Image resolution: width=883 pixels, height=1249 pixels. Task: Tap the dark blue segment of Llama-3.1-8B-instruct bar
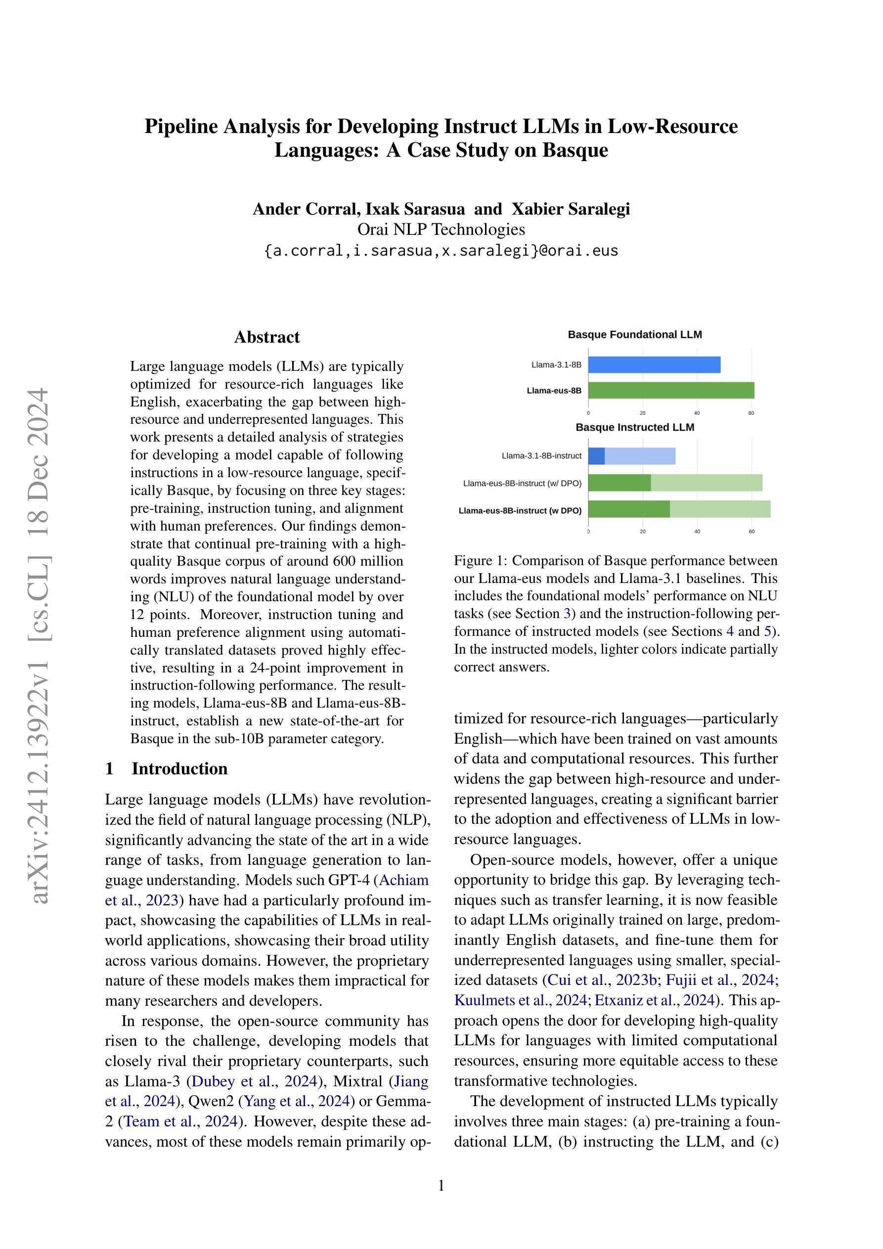(x=596, y=456)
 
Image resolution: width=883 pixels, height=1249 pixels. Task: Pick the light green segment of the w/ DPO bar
(x=706, y=483)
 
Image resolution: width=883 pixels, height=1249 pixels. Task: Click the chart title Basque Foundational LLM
(x=635, y=335)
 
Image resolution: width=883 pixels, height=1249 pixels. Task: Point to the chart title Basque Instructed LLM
(x=635, y=428)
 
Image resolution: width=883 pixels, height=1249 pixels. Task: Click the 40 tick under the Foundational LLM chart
(x=697, y=413)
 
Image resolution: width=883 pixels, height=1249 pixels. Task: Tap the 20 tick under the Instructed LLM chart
(x=643, y=532)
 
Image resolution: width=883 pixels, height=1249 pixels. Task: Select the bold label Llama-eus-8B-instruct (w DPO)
(x=520, y=511)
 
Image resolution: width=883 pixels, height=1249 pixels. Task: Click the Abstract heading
(x=266, y=337)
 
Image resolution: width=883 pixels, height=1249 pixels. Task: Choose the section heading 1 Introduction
(x=167, y=769)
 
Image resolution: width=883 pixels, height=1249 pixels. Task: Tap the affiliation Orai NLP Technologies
(x=441, y=229)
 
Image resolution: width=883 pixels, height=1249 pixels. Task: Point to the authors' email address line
(x=441, y=251)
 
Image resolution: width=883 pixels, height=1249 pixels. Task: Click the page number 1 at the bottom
(x=441, y=1186)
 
